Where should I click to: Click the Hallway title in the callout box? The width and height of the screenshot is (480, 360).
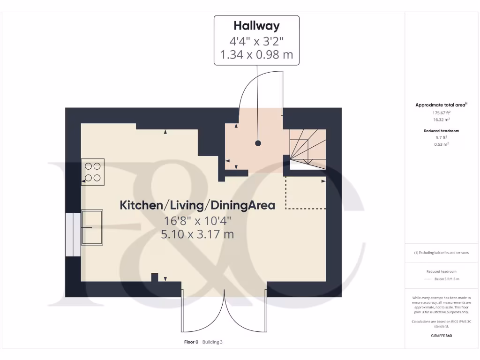pyautogui.click(x=256, y=25)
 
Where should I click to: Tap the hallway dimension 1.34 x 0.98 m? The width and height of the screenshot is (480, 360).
pyautogui.click(x=256, y=55)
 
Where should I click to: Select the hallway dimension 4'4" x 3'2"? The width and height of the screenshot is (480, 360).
pyautogui.click(x=256, y=40)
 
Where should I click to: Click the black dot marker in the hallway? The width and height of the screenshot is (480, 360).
pyautogui.click(x=258, y=143)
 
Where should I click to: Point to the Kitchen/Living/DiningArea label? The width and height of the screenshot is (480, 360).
pyautogui.click(x=197, y=205)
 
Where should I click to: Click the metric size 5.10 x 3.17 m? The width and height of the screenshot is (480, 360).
pyautogui.click(x=197, y=234)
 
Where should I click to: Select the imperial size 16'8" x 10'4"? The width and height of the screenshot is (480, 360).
pyautogui.click(x=197, y=220)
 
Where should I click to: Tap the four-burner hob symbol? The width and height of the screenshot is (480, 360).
pyautogui.click(x=93, y=172)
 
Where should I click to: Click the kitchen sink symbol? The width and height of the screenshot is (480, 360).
pyautogui.click(x=92, y=228)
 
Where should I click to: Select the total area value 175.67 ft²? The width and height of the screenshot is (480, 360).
pyautogui.click(x=442, y=113)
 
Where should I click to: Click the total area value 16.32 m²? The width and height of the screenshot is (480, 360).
pyautogui.click(x=442, y=120)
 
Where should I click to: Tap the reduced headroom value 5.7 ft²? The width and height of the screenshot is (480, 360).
pyautogui.click(x=442, y=138)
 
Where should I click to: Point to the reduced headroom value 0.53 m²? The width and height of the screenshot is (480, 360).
pyautogui.click(x=442, y=144)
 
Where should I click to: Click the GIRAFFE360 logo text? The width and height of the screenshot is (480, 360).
pyautogui.click(x=441, y=336)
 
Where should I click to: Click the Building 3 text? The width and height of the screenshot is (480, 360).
pyautogui.click(x=212, y=342)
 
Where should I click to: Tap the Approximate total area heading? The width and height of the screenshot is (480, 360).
pyautogui.click(x=440, y=105)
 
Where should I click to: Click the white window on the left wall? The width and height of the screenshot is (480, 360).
pyautogui.click(x=73, y=234)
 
